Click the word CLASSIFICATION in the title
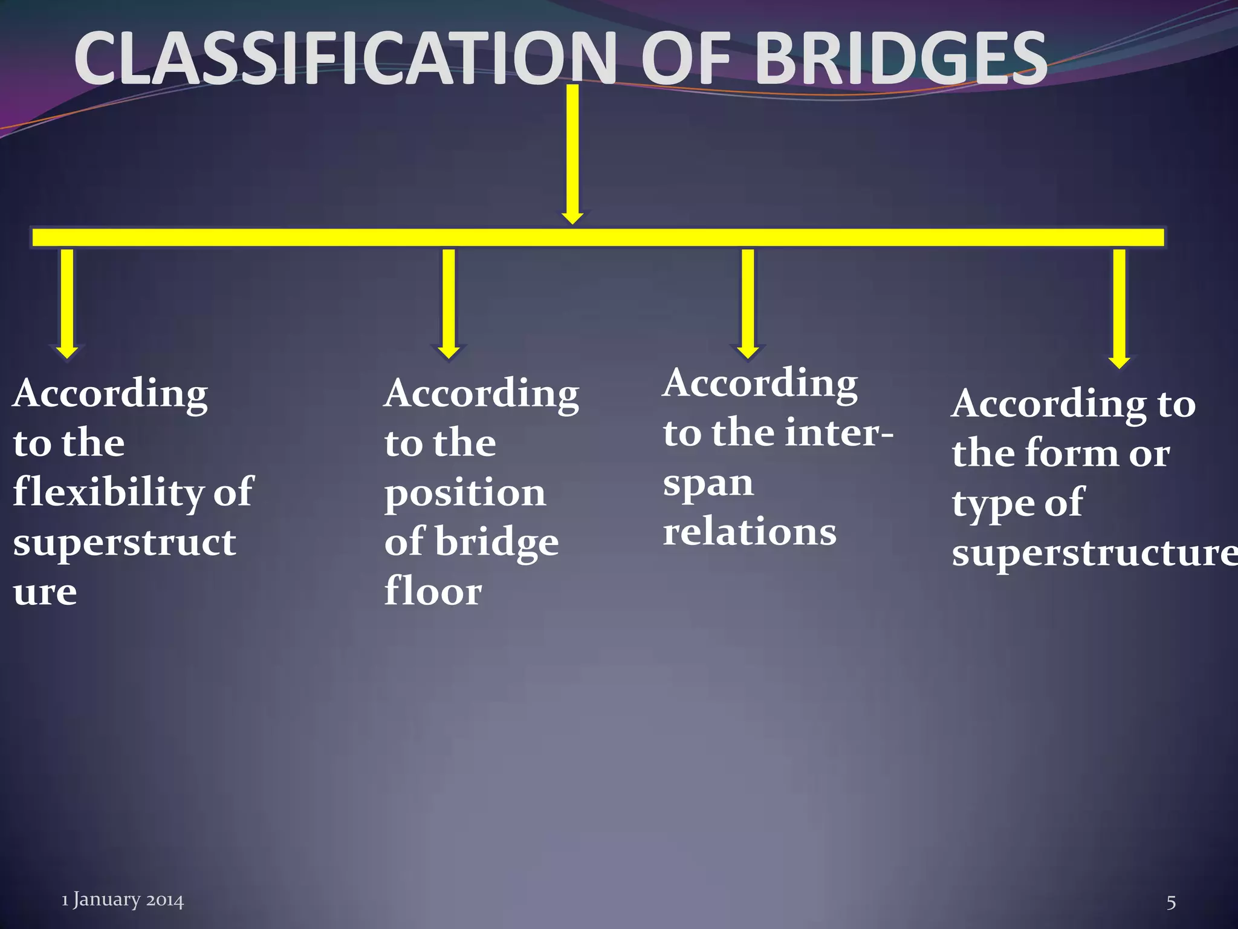tap(345, 59)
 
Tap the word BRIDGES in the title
tap(901, 59)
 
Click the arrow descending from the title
tap(572, 154)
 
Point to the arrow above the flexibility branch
tap(67, 302)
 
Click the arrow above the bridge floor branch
tap(449, 302)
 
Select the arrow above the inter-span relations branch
tap(748, 302)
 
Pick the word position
tap(465, 494)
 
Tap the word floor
tap(433, 592)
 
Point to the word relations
tap(750, 532)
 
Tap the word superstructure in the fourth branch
tap(1094, 553)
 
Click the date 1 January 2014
tap(122, 900)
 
